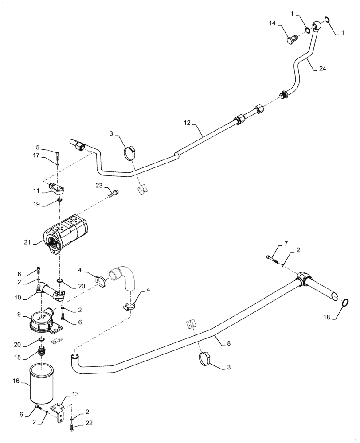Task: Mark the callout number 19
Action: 36,205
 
